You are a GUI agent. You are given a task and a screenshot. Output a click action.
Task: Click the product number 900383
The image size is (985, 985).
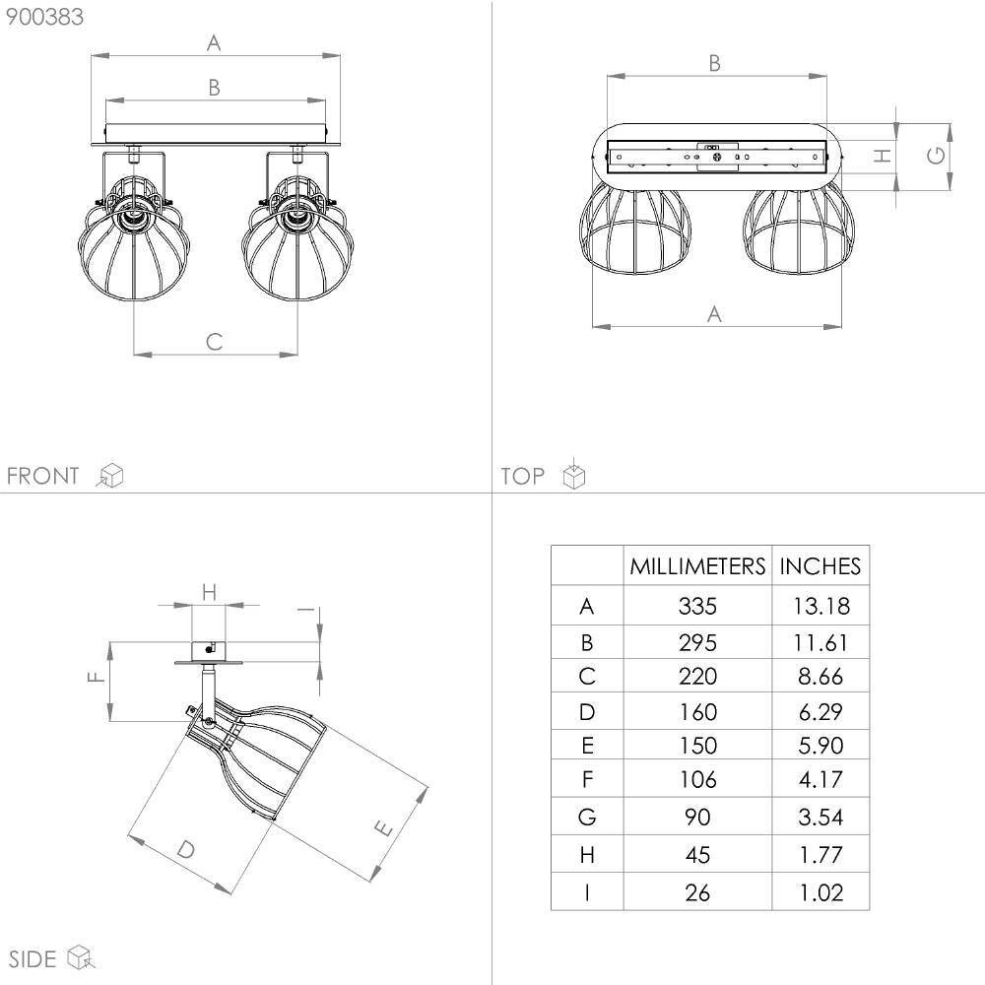[x=44, y=17]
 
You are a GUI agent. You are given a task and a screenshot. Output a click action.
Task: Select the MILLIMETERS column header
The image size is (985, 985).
[x=697, y=566]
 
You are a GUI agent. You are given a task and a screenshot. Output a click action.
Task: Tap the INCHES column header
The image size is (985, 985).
[x=820, y=566]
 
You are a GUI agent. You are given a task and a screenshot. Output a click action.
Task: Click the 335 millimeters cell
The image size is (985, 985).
[x=697, y=606]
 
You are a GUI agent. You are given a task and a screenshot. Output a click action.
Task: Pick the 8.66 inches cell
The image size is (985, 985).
[x=821, y=677]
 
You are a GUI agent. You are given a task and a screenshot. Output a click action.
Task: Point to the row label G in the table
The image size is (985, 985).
[x=587, y=817]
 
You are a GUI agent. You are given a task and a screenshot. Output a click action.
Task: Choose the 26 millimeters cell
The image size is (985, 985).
[x=697, y=892]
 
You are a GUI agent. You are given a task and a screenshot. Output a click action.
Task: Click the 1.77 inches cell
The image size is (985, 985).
[x=821, y=855]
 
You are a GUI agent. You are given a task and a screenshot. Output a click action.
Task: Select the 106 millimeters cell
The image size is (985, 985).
[x=697, y=779]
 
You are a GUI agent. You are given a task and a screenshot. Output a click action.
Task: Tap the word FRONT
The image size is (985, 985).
[x=42, y=476]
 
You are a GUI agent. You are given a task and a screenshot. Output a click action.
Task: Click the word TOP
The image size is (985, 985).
[x=522, y=476]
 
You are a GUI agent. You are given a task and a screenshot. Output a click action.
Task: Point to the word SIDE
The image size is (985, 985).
[x=33, y=959]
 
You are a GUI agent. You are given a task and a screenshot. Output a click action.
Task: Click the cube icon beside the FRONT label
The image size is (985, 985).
[x=110, y=476]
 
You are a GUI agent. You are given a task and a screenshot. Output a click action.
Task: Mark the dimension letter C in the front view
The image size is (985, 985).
[x=214, y=342]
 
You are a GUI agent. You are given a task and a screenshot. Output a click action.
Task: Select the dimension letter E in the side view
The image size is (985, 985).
[x=383, y=828]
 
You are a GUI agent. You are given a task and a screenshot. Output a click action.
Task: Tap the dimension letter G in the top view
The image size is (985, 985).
[x=936, y=156]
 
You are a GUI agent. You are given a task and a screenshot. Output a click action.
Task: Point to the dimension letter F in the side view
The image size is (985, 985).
[x=96, y=677]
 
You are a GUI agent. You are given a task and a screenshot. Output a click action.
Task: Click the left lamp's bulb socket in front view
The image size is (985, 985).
[x=133, y=216]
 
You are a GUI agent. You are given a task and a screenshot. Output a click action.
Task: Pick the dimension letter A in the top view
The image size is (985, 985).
[x=714, y=313]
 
